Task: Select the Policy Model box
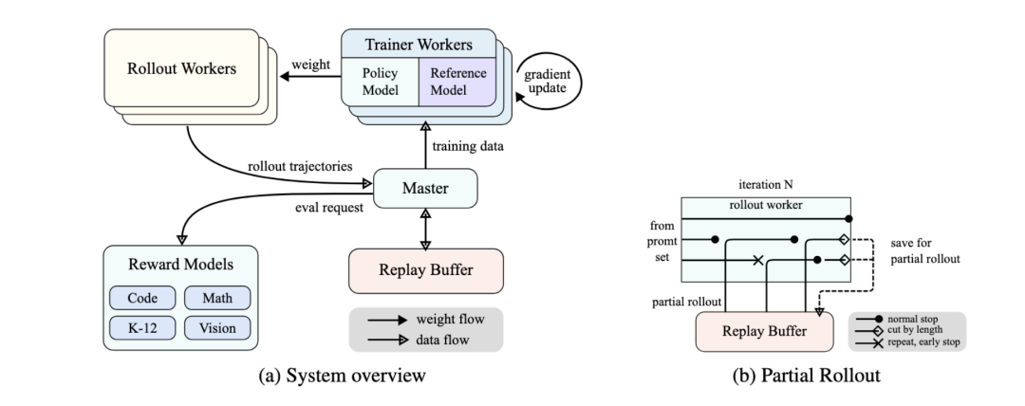coord(382,82)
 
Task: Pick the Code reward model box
coord(142,297)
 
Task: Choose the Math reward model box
coord(215,297)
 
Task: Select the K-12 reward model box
coord(142,327)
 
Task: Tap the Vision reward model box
coord(215,327)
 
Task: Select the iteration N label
coord(762,182)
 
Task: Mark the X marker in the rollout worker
coord(758,260)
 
